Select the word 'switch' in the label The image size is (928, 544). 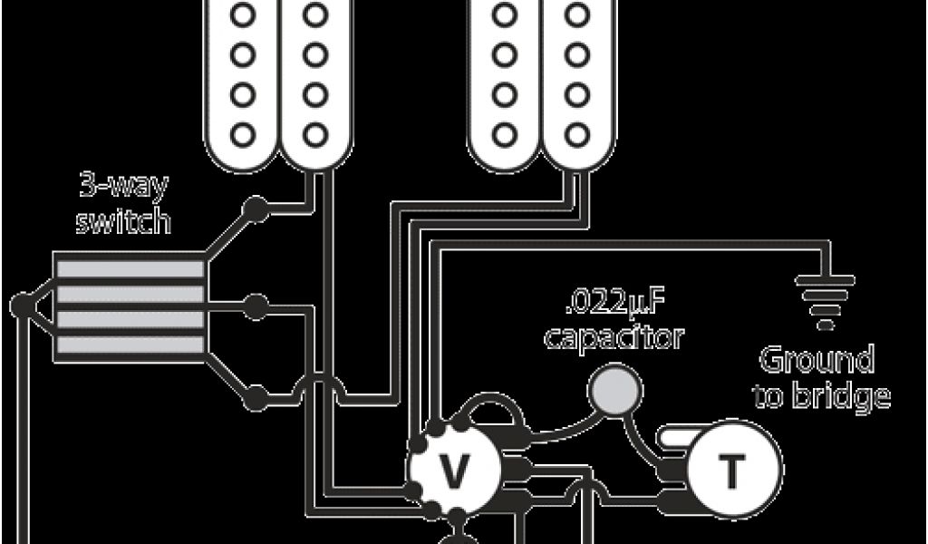123,220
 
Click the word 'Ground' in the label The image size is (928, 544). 816,361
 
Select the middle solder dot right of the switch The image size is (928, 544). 256,304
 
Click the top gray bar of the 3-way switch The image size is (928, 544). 129,268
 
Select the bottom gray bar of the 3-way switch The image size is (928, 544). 129,346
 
